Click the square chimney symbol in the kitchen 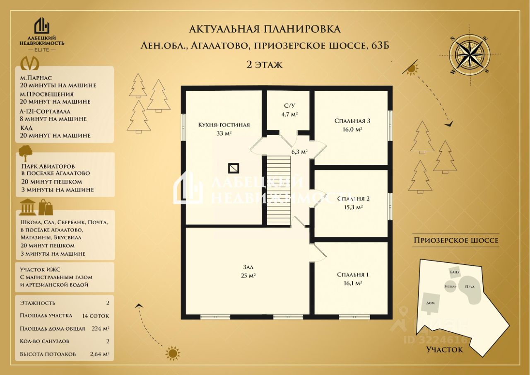pyautogui.click(x=234, y=168)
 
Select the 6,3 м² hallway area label pyautogui.click(x=299, y=152)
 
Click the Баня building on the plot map pyautogui.click(x=455, y=272)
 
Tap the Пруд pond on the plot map pyautogui.click(x=471, y=292)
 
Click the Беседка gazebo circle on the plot pyautogui.click(x=450, y=286)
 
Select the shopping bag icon pyautogui.click(x=46, y=207)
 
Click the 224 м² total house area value pyautogui.click(x=100, y=329)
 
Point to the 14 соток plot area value pyautogui.click(x=96, y=316)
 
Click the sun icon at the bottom pyautogui.click(x=173, y=353)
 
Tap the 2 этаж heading pyautogui.click(x=265, y=64)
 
